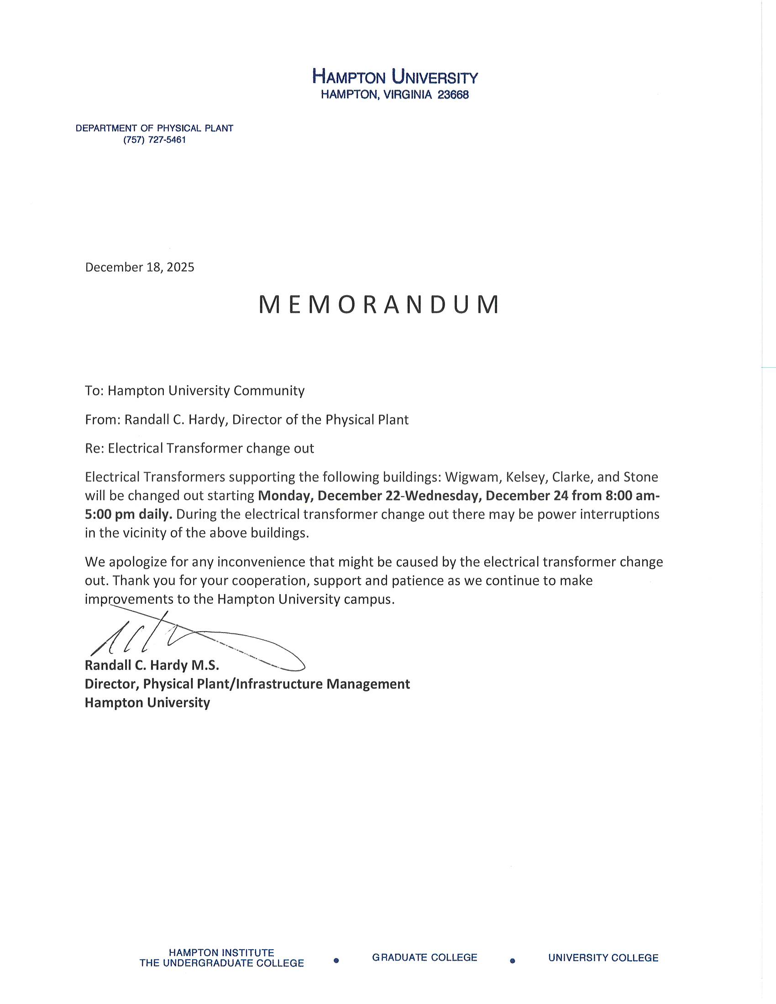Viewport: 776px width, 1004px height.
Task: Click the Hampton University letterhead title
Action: click(395, 76)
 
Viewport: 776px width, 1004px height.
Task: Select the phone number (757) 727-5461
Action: click(154, 140)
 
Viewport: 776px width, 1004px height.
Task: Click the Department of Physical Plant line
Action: click(154, 128)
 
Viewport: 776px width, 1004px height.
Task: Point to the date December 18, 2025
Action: click(140, 267)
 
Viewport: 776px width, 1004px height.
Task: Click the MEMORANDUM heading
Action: click(379, 304)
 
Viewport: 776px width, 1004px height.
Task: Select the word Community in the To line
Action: click(269, 391)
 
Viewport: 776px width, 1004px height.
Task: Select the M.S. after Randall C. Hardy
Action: click(204, 665)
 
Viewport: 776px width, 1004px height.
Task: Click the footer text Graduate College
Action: click(425, 957)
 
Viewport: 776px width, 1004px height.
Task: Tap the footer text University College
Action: click(603, 958)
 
